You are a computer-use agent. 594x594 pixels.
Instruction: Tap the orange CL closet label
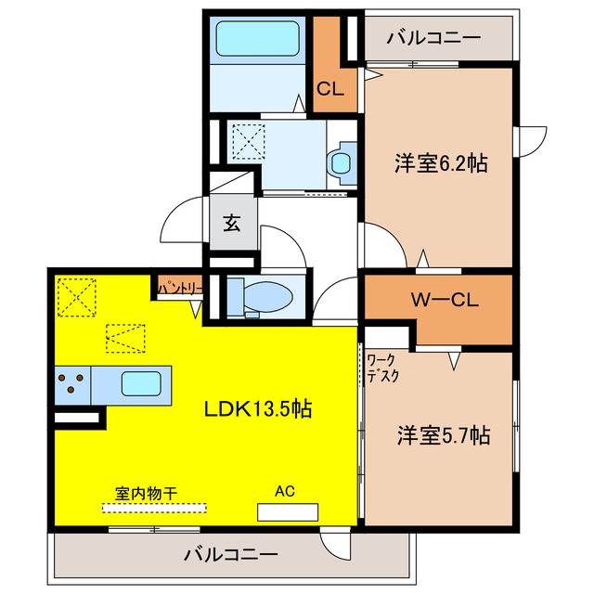click(x=330, y=90)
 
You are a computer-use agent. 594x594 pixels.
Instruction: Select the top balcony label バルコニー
click(x=433, y=38)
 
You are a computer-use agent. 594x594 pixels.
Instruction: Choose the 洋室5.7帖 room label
click(x=444, y=434)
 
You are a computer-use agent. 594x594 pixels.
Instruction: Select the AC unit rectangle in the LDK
click(x=288, y=511)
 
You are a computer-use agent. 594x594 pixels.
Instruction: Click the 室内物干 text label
click(x=146, y=493)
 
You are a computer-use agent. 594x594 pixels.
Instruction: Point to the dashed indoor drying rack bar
click(x=154, y=508)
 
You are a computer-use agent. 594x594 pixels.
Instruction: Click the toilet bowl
click(x=264, y=298)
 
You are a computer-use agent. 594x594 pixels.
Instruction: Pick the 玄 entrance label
click(x=231, y=224)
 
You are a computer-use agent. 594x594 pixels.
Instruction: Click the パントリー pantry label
click(x=178, y=290)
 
